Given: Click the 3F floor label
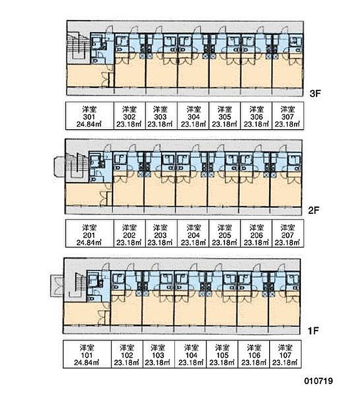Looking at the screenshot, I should tap(316, 94).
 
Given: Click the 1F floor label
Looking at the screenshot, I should tap(312, 329).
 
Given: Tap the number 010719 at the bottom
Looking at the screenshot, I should tap(318, 380).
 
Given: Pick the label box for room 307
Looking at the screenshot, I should tap(287, 116).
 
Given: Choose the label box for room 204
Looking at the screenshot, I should tap(193, 235).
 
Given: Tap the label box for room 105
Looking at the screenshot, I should tap(222, 354).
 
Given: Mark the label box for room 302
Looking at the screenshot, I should tap(129, 116).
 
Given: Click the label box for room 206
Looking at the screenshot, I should tap(256, 235).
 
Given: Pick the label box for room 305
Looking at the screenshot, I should tap(224, 116).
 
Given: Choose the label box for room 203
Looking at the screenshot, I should tap(161, 235).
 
